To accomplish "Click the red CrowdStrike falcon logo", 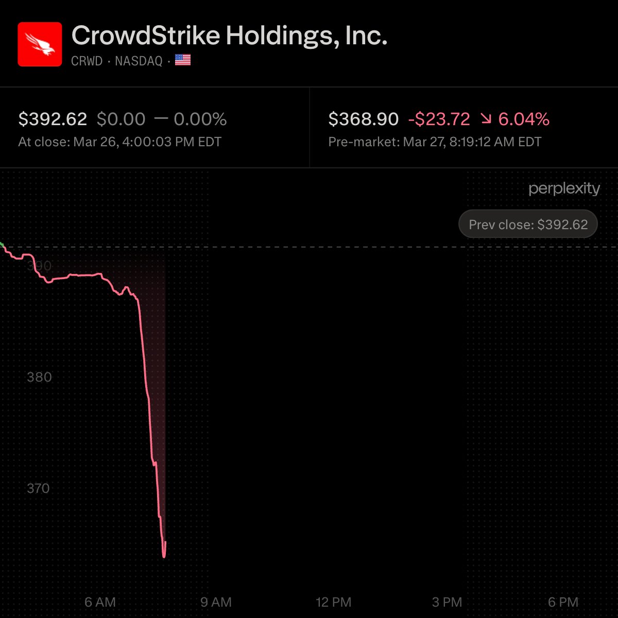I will tap(40, 44).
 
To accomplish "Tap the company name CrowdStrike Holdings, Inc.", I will tap(229, 36).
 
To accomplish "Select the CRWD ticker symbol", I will tap(87, 61).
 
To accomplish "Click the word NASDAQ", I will tap(139, 61).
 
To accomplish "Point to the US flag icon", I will tap(183, 60).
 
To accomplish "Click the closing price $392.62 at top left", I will tap(53, 119).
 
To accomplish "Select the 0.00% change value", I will tap(200, 119).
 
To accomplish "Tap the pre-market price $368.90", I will tap(363, 119).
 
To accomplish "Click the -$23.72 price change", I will tap(439, 119).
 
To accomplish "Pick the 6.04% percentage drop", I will tap(524, 119).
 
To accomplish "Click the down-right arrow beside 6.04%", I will tap(486, 119).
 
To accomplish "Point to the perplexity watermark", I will tap(564, 188).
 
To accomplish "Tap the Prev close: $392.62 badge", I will tap(528, 225).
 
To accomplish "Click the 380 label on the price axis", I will tap(39, 377).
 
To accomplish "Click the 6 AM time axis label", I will tap(100, 602).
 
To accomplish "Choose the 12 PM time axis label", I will tap(333, 602).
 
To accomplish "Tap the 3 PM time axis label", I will tap(447, 602).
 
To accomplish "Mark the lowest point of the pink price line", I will tap(164, 557).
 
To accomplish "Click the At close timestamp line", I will tap(120, 142).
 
